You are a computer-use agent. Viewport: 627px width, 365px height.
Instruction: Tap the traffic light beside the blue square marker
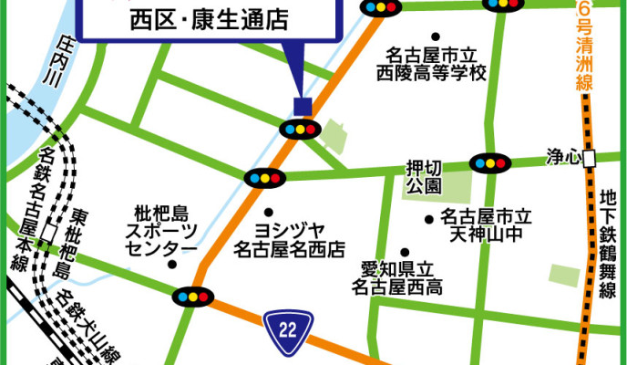303,129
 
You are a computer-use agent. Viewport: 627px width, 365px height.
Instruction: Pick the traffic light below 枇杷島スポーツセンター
190,297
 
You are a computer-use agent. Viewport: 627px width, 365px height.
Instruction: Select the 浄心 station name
562,156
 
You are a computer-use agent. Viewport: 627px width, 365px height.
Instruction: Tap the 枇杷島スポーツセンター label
160,232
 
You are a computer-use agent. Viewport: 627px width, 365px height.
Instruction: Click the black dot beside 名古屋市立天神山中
428,219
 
